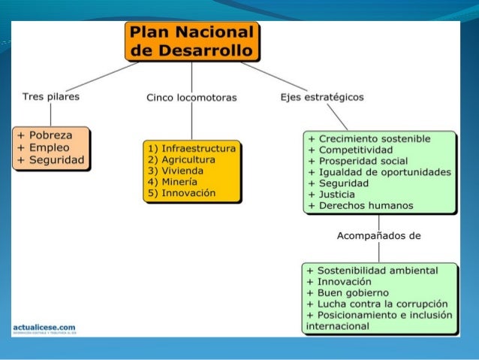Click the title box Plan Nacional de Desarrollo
[x=192, y=41]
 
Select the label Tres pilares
[x=51, y=97]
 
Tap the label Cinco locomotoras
[x=191, y=98]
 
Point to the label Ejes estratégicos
[x=321, y=97]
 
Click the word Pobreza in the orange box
[x=50, y=135]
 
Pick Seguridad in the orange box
[x=55, y=161]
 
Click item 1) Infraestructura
[x=192, y=149]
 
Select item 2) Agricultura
[x=182, y=160]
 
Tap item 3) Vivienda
[x=176, y=171]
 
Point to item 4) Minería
[x=173, y=182]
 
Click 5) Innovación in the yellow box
[x=182, y=193]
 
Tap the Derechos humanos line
[x=360, y=205]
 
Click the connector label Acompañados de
[x=379, y=235]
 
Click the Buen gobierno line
[x=342, y=292]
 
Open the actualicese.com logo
[x=45, y=328]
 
